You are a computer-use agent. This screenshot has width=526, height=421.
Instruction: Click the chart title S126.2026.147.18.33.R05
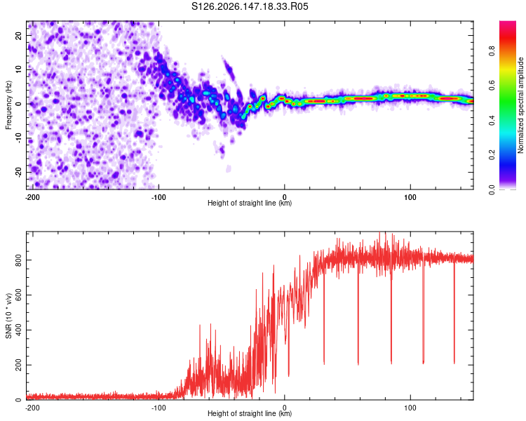coord(250,6)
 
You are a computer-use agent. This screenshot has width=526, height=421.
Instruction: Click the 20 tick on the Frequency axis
coord(18,35)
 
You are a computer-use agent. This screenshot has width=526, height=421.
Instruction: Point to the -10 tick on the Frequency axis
coord(18,138)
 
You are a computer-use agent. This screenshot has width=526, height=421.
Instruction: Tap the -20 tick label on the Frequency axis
coord(18,172)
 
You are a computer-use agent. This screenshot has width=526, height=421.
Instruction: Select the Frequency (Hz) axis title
coord(8,105)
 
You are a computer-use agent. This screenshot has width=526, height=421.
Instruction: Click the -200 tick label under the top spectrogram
coord(32,197)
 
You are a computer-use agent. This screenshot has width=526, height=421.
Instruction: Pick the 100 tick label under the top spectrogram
coord(410,197)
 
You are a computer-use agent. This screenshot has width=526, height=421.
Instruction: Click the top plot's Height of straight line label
coord(250,203)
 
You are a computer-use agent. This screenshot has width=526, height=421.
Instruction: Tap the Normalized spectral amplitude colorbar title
coord(520,105)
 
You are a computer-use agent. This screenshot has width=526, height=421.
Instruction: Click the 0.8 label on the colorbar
coord(492,51)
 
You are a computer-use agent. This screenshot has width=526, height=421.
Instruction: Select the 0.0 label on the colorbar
coord(492,189)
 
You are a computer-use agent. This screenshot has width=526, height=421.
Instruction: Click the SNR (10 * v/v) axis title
coord(8,316)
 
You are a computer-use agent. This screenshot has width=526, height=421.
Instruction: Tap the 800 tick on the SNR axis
coord(18,260)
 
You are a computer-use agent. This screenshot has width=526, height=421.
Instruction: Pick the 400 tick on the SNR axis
coord(18,330)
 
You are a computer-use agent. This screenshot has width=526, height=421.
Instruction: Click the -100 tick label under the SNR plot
coord(159,408)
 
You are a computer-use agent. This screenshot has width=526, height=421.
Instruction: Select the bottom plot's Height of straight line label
coord(250,413)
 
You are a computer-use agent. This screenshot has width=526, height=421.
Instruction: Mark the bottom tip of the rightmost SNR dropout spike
coord(454,363)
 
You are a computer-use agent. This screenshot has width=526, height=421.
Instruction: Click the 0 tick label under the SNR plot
coord(285,408)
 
